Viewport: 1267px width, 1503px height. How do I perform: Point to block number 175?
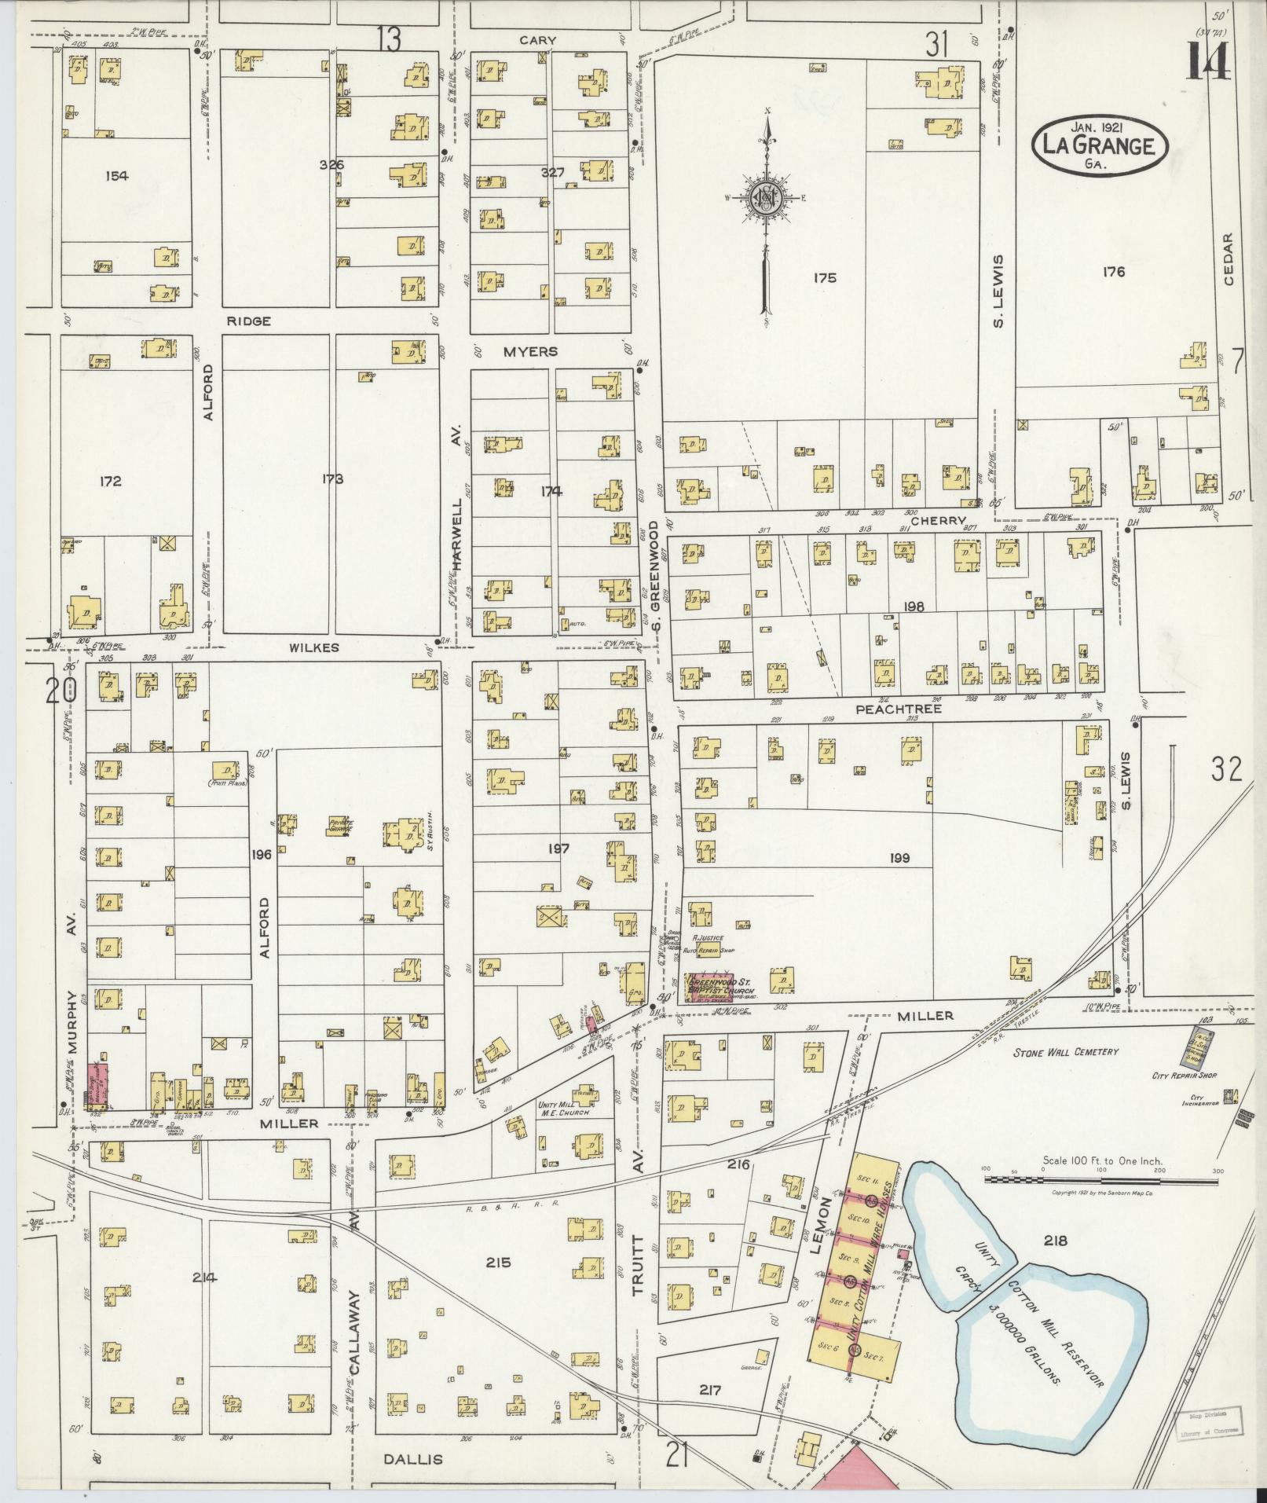[825, 277]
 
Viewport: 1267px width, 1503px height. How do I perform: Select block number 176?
[1113, 273]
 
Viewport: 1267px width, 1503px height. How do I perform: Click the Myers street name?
[530, 352]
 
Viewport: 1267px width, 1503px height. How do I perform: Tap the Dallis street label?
[413, 1459]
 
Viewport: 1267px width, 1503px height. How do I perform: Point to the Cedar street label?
[1229, 260]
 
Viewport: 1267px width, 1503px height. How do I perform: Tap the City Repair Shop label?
[1184, 1075]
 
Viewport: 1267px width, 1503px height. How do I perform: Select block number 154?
[116, 176]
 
